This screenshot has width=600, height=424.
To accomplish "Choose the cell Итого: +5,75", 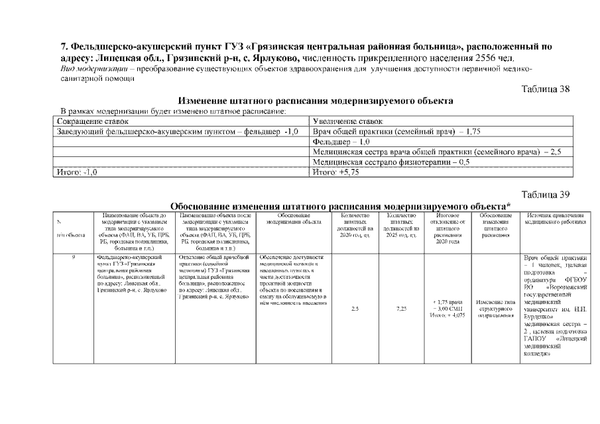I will [335, 172].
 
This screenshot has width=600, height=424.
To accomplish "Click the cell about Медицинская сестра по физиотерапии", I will [391, 162].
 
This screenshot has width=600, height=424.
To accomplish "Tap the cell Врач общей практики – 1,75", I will [400, 132].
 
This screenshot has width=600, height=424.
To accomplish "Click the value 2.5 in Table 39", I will [355, 307].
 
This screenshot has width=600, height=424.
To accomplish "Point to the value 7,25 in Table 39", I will [401, 307].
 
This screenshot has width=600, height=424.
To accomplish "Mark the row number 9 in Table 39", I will [72, 256].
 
